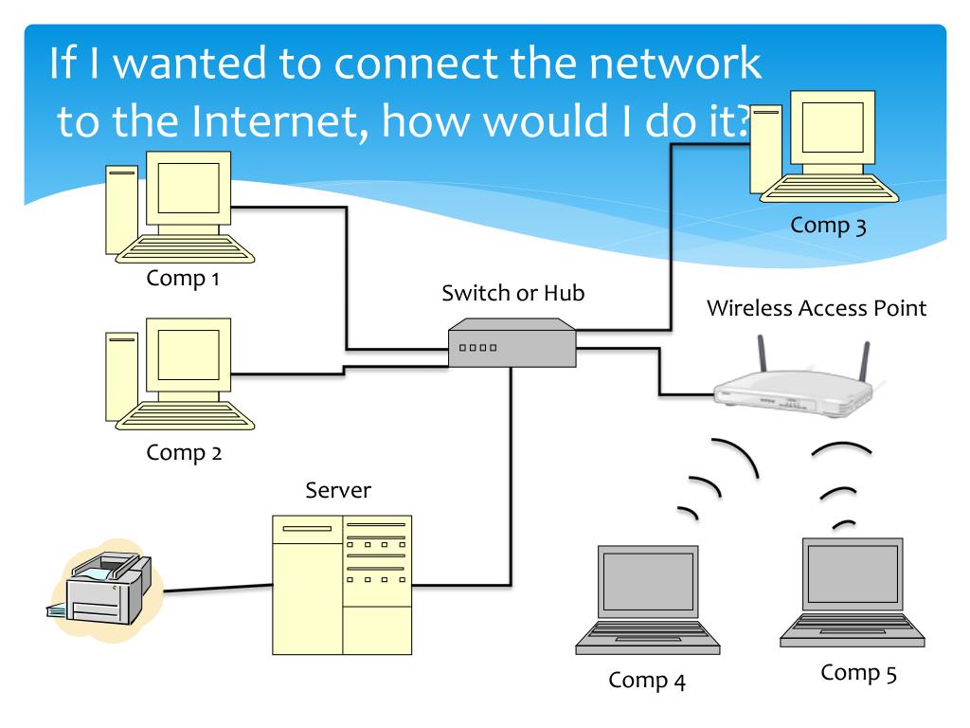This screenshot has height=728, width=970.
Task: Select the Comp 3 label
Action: [828, 226]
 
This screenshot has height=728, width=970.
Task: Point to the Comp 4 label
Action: [647, 680]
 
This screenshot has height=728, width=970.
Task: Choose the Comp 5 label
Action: [858, 673]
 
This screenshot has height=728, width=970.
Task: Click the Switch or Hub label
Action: [513, 293]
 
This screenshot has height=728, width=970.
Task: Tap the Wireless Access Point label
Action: [816, 308]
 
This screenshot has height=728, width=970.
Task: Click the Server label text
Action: [338, 491]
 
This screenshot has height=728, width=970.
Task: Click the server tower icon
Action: [342, 585]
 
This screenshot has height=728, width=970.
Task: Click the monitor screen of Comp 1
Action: [189, 187]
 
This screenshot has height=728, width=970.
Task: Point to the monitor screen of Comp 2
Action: [189, 355]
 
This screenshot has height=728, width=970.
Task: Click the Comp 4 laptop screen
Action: [649, 580]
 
